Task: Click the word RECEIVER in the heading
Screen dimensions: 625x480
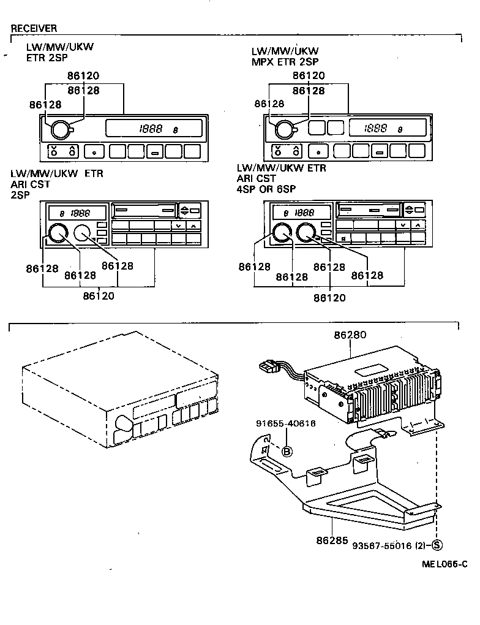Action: pos(34,28)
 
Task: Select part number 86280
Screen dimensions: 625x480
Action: pos(350,335)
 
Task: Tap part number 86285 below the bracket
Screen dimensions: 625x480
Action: pos(332,541)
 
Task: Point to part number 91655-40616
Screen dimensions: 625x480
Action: pos(286,423)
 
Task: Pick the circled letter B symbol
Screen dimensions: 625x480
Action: pos(287,452)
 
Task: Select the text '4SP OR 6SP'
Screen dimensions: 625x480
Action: pos(266,189)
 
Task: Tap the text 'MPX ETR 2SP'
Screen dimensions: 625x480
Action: pos(285,61)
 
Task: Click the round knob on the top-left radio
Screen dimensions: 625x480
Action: pos(60,129)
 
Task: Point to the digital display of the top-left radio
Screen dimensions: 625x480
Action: pos(154,129)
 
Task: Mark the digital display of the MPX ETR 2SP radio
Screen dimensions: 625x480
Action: pos(387,129)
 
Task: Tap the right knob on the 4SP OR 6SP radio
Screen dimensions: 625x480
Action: pos(306,232)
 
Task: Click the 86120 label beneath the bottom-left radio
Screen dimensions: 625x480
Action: pos(99,296)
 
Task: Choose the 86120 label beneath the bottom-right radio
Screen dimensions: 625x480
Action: pos(329,298)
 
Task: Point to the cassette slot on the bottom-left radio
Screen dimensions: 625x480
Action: pos(146,210)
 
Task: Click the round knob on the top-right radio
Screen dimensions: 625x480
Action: pos(284,129)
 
